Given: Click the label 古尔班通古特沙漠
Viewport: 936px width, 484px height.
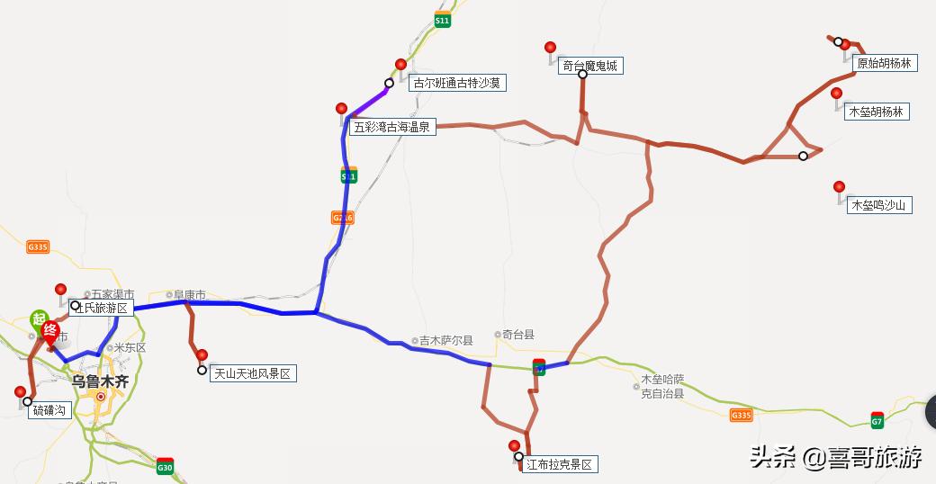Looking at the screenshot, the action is pyautogui.click(x=456, y=83).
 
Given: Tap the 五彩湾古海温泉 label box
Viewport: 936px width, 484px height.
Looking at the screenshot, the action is pyautogui.click(x=393, y=128).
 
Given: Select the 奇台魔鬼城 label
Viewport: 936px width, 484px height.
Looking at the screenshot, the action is pyautogui.click(x=590, y=66).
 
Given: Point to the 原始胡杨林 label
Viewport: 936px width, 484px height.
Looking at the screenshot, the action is pyautogui.click(x=884, y=63).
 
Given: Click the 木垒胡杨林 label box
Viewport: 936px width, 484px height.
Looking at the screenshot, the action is pyautogui.click(x=875, y=112).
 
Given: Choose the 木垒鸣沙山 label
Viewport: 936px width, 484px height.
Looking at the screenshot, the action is pyautogui.click(x=880, y=205).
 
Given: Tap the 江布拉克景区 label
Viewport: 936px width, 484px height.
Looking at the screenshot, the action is pyautogui.click(x=560, y=464).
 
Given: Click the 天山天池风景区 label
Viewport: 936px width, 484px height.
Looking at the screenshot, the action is pyautogui.click(x=252, y=373).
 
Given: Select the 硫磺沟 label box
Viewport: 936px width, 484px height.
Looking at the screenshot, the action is pyautogui.click(x=49, y=410).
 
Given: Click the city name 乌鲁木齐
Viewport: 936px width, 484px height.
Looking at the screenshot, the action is pyautogui.click(x=100, y=381).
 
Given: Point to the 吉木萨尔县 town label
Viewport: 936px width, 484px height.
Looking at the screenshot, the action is pyautogui.click(x=445, y=341).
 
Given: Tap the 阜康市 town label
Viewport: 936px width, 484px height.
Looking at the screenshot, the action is pyautogui.click(x=189, y=294).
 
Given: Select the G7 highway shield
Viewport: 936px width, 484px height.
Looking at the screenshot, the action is pyautogui.click(x=877, y=420).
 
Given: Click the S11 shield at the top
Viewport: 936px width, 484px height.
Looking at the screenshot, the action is pyautogui.click(x=441, y=19).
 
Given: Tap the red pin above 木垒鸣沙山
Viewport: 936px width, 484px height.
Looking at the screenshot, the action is pyautogui.click(x=839, y=187).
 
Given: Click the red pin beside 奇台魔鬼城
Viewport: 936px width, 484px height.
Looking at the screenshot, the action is pyautogui.click(x=550, y=48).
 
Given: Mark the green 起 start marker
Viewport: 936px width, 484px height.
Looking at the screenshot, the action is pyautogui.click(x=39, y=318).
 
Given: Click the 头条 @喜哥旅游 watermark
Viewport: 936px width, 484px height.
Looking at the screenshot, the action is pyautogui.click(x=836, y=457).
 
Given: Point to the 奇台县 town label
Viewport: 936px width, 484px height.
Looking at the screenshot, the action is pyautogui.click(x=517, y=335).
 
